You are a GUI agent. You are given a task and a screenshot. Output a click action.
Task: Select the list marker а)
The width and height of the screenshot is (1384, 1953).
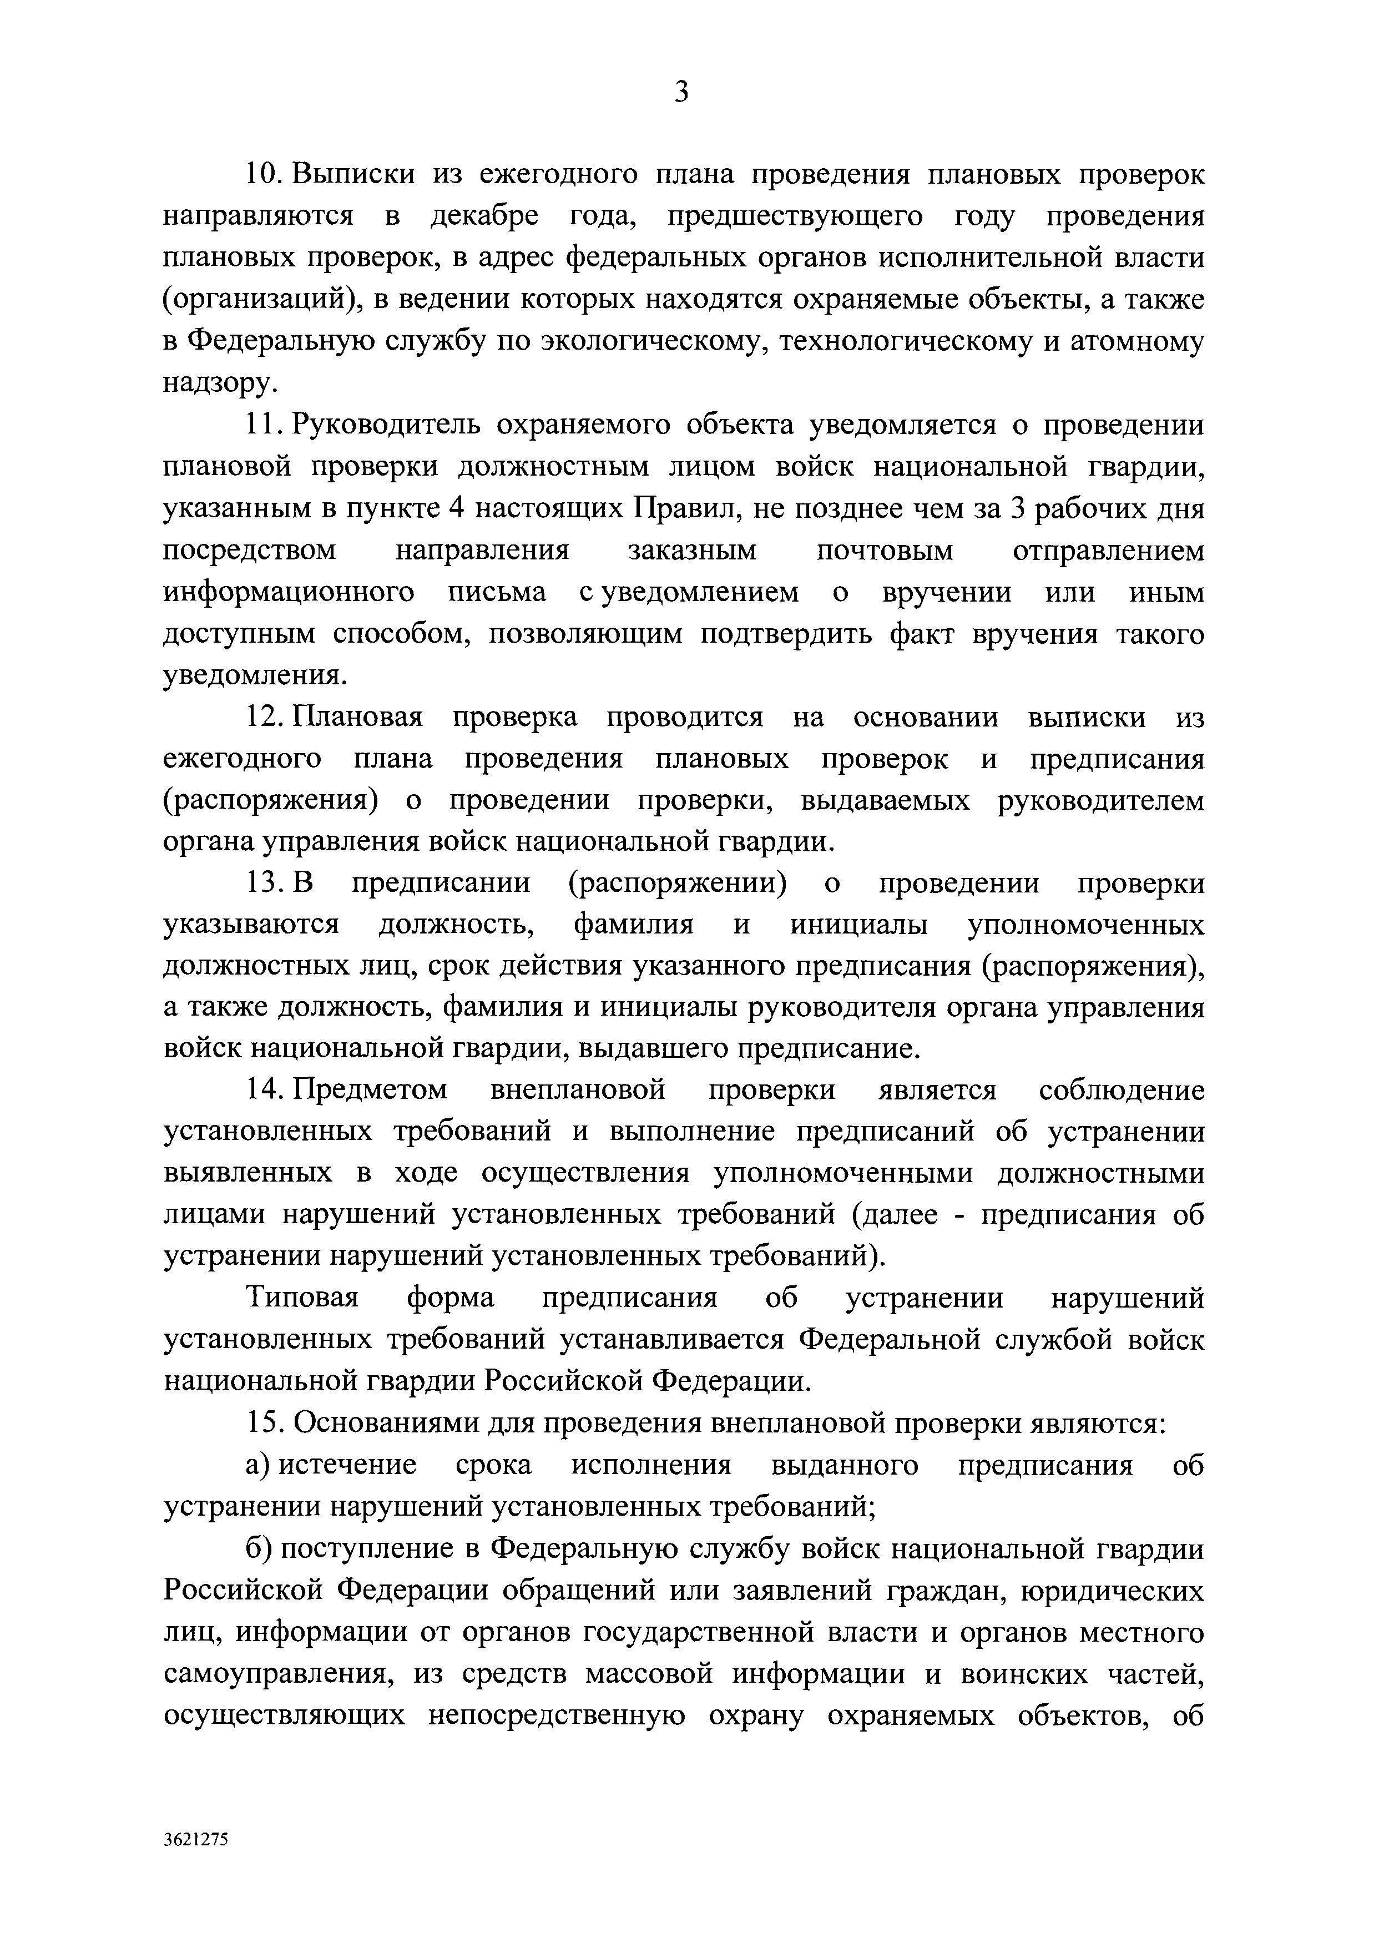pos(257,1465)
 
